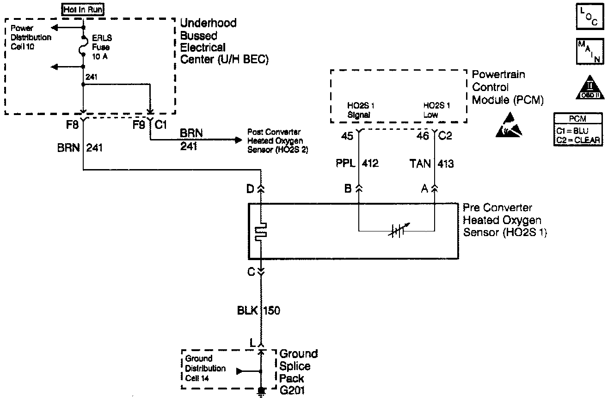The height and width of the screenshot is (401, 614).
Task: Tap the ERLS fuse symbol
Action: pyautogui.click(x=83, y=45)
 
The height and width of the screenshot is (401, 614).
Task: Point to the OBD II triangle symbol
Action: pyautogui.click(x=589, y=87)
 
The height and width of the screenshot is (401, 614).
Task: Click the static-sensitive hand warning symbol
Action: pyautogui.click(x=510, y=126)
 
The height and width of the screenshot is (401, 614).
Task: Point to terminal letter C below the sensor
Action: pyautogui.click(x=251, y=272)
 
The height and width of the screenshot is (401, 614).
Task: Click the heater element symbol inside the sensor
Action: pyautogui.click(x=261, y=231)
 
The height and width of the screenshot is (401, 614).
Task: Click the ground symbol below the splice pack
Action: pyautogui.click(x=261, y=392)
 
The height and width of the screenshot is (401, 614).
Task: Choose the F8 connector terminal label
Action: pyautogui.click(x=73, y=125)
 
